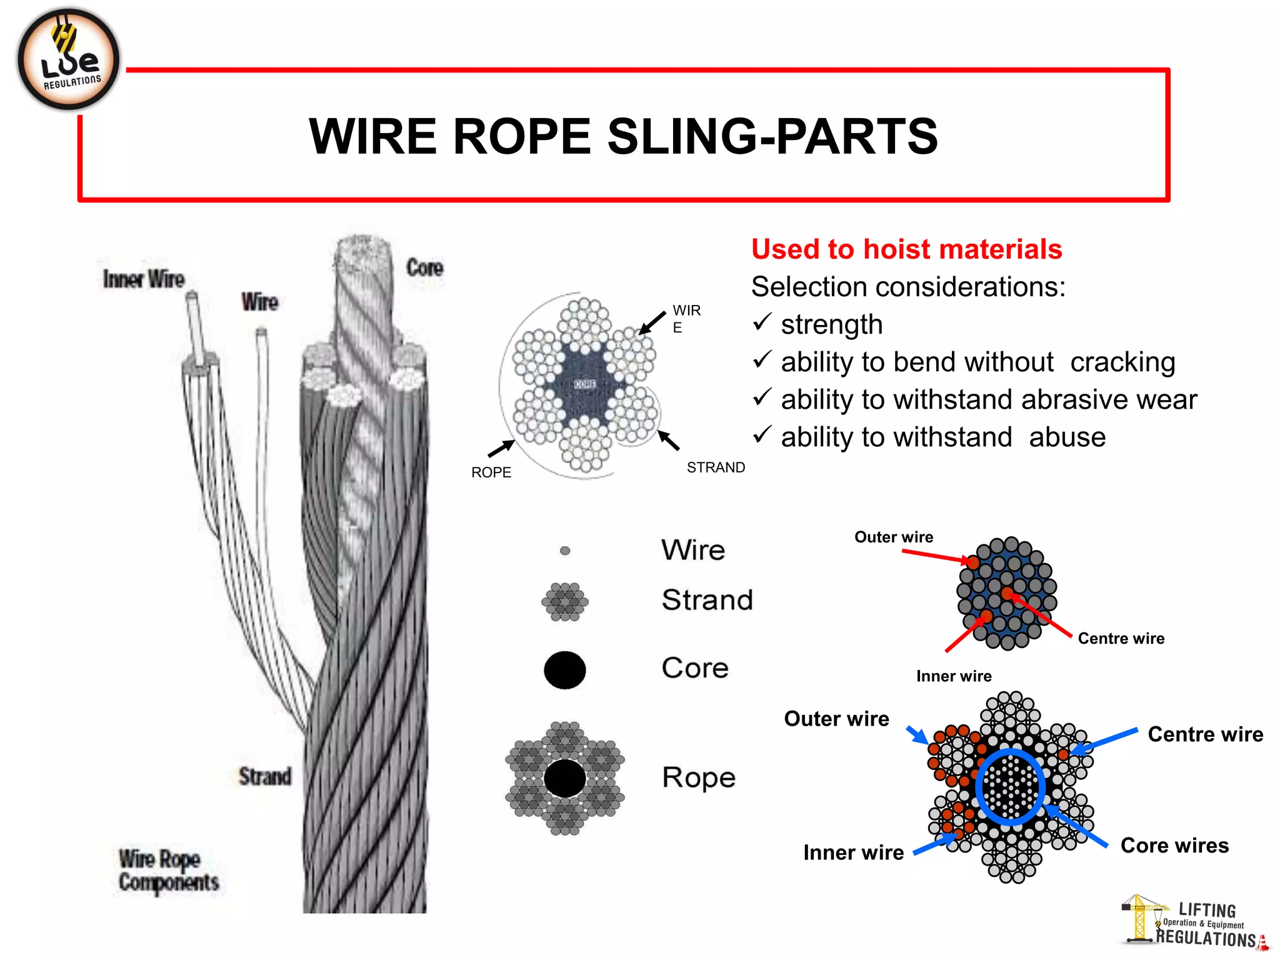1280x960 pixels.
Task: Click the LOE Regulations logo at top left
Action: pyautogui.click(x=68, y=59)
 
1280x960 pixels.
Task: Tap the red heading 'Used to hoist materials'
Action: pyautogui.click(x=906, y=249)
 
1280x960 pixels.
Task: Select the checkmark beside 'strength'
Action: pyautogui.click(x=762, y=322)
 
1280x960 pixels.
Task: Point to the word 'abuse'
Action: pyautogui.click(x=1067, y=437)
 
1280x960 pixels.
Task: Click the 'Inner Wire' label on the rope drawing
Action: pyautogui.click(x=144, y=279)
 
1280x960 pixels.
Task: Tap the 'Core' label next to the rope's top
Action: pyautogui.click(x=424, y=267)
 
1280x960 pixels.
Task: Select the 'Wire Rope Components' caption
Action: pyautogui.click(x=168, y=870)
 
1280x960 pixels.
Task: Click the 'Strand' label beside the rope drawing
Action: pyautogui.click(x=264, y=776)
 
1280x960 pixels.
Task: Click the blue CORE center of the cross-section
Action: pyautogui.click(x=585, y=384)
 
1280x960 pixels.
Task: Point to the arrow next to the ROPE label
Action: pyautogui.click(x=501, y=448)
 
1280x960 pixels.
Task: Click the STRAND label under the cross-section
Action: pyautogui.click(x=716, y=467)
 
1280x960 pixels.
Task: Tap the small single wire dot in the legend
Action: pyautogui.click(x=565, y=551)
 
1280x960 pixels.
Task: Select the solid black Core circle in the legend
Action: pyautogui.click(x=565, y=670)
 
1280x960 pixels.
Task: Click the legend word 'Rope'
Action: pyautogui.click(x=699, y=777)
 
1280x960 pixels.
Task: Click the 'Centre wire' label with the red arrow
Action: pyautogui.click(x=1121, y=638)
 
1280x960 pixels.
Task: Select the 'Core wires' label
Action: pyautogui.click(x=1174, y=845)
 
